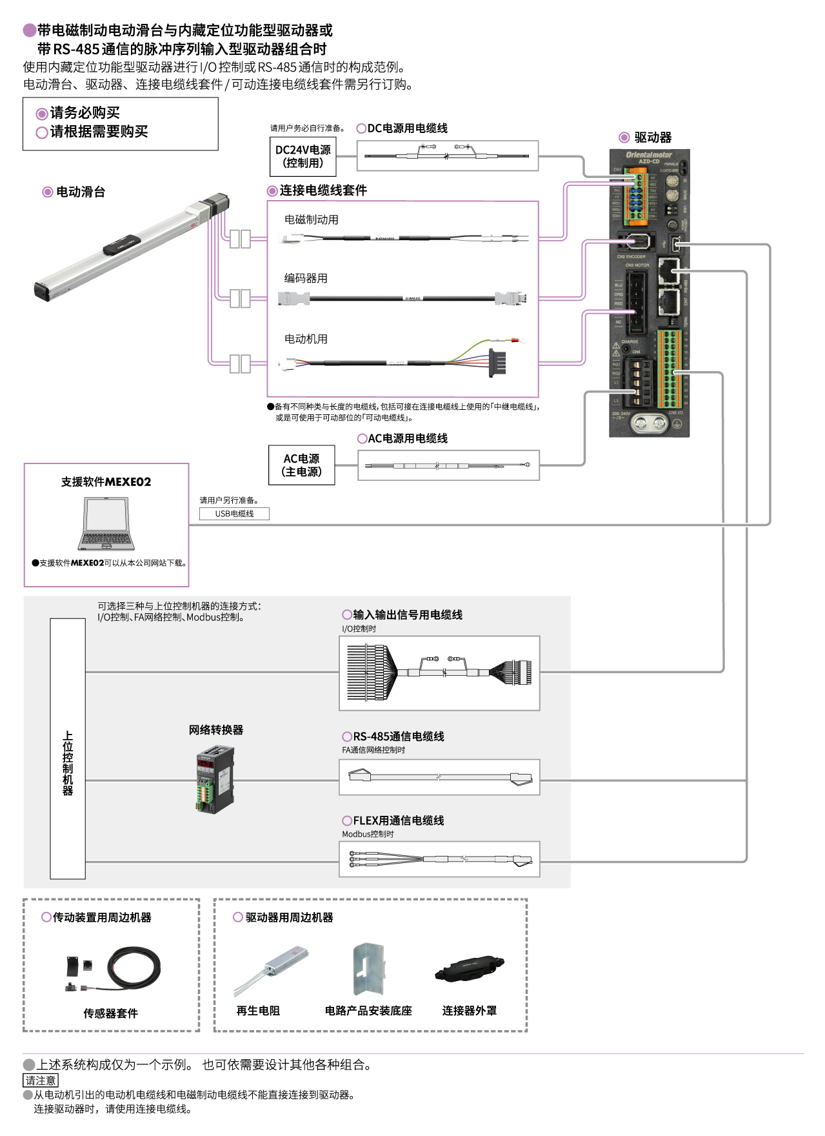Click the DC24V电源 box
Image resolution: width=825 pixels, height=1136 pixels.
pyautogui.click(x=303, y=156)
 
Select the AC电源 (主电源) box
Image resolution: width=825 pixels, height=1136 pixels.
pyautogui.click(x=301, y=465)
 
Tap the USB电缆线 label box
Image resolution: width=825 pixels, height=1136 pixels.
pyautogui.click(x=234, y=514)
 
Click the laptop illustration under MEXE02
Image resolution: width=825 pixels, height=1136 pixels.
pyautogui.click(x=106, y=523)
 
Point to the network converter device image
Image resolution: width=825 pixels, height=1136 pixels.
pyautogui.click(x=215, y=778)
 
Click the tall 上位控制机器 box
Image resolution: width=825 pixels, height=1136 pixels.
pyautogui.click(x=68, y=749)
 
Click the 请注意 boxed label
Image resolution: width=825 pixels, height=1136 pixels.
pyautogui.click(x=41, y=1080)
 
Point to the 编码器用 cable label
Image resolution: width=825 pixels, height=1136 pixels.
pyautogui.click(x=306, y=278)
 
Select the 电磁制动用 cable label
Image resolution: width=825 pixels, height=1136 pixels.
pyautogui.click(x=311, y=219)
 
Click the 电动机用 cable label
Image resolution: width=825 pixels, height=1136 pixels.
pyautogui.click(x=306, y=339)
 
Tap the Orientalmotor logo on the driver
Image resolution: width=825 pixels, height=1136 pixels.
pyautogui.click(x=648, y=155)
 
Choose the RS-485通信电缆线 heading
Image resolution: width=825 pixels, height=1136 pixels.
pyautogui.click(x=398, y=736)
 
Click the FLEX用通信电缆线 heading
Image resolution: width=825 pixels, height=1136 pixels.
pyautogui.click(x=398, y=820)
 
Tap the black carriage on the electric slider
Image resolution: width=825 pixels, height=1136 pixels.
pyautogui.click(x=122, y=245)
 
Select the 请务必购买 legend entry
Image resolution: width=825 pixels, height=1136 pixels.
pyautogui.click(x=84, y=113)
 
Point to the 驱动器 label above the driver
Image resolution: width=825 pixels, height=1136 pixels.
pyautogui.click(x=652, y=137)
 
